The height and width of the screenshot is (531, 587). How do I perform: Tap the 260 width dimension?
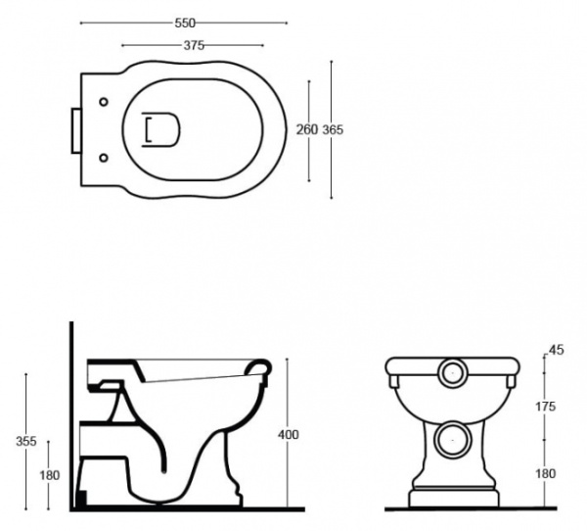[x=306, y=130]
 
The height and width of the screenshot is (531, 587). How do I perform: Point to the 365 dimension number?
[x=334, y=130]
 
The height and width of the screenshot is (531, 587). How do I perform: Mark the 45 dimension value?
[x=558, y=349]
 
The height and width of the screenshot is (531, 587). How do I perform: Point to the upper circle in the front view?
[x=451, y=372]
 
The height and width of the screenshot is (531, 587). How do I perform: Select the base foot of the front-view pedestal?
[x=451, y=497]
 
